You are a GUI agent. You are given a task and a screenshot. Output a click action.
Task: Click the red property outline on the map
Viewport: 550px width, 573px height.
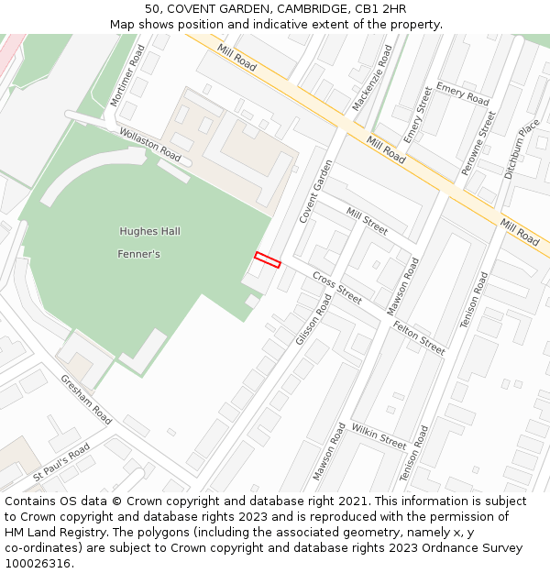[x=267, y=260]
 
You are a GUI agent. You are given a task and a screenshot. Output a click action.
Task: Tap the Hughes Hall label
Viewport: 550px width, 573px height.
[x=149, y=231]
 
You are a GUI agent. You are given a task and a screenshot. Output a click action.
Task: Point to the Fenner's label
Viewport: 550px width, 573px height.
[x=138, y=254]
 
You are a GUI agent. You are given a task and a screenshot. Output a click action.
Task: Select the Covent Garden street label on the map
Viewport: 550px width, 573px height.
[x=316, y=191]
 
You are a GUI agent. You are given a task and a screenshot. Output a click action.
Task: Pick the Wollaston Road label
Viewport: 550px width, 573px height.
[x=150, y=144]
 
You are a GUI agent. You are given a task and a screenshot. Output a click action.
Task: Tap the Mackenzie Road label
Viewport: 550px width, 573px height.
[x=372, y=78]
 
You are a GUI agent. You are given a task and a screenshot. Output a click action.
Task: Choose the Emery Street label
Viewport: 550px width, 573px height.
[x=418, y=114]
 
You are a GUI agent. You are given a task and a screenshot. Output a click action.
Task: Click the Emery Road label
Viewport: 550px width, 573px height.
[x=463, y=93]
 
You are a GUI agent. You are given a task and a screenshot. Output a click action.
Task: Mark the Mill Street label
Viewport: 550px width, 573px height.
[x=367, y=221]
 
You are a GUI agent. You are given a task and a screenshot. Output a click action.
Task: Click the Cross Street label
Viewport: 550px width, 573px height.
[x=336, y=287]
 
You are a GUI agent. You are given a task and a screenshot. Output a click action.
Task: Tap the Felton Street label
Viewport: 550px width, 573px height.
[x=418, y=337]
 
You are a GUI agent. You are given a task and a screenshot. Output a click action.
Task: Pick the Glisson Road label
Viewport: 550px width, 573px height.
[x=313, y=319]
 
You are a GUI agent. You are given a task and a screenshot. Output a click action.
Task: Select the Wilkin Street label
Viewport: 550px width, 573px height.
[x=379, y=436]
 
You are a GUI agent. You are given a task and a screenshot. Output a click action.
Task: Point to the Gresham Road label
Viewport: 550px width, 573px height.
[x=86, y=400]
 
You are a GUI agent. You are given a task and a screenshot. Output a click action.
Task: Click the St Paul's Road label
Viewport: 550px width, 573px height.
[x=61, y=462]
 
